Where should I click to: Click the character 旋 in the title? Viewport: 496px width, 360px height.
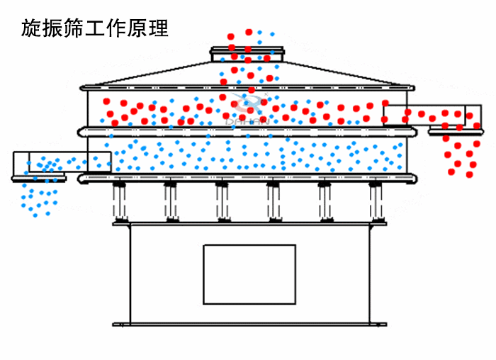click(x=33, y=28)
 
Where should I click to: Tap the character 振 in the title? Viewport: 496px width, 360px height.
click(x=55, y=28)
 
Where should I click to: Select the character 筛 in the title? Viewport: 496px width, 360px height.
click(x=77, y=28)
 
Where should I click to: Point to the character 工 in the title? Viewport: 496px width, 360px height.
click(x=98, y=28)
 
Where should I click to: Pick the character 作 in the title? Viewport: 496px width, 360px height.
click(x=120, y=28)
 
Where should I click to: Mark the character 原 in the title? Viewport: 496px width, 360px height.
click(x=142, y=28)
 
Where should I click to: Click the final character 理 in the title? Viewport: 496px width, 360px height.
click(x=164, y=28)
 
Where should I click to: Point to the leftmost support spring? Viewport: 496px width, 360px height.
click(x=119, y=201)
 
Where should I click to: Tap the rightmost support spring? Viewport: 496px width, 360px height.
click(x=376, y=201)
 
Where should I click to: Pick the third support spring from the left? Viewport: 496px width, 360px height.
click(x=222, y=201)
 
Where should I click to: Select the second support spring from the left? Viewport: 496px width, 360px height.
click(x=170, y=201)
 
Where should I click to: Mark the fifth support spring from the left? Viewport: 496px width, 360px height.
click(x=325, y=201)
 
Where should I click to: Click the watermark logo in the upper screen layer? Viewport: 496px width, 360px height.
click(x=249, y=110)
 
